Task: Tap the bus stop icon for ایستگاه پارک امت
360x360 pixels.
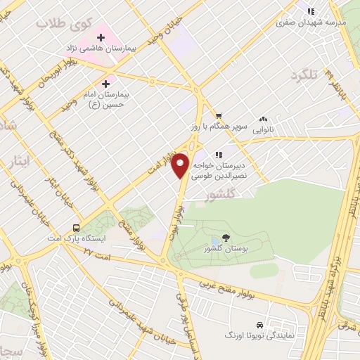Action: pos(76,228)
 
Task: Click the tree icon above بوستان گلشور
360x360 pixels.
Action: pos(225,238)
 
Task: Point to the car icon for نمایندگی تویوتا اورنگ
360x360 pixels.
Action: pos(260,326)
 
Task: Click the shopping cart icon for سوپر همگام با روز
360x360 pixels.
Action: pos(219,115)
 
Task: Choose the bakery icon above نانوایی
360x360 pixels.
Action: pos(264,119)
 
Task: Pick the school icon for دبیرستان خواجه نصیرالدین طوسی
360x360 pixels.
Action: pos(219,154)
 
